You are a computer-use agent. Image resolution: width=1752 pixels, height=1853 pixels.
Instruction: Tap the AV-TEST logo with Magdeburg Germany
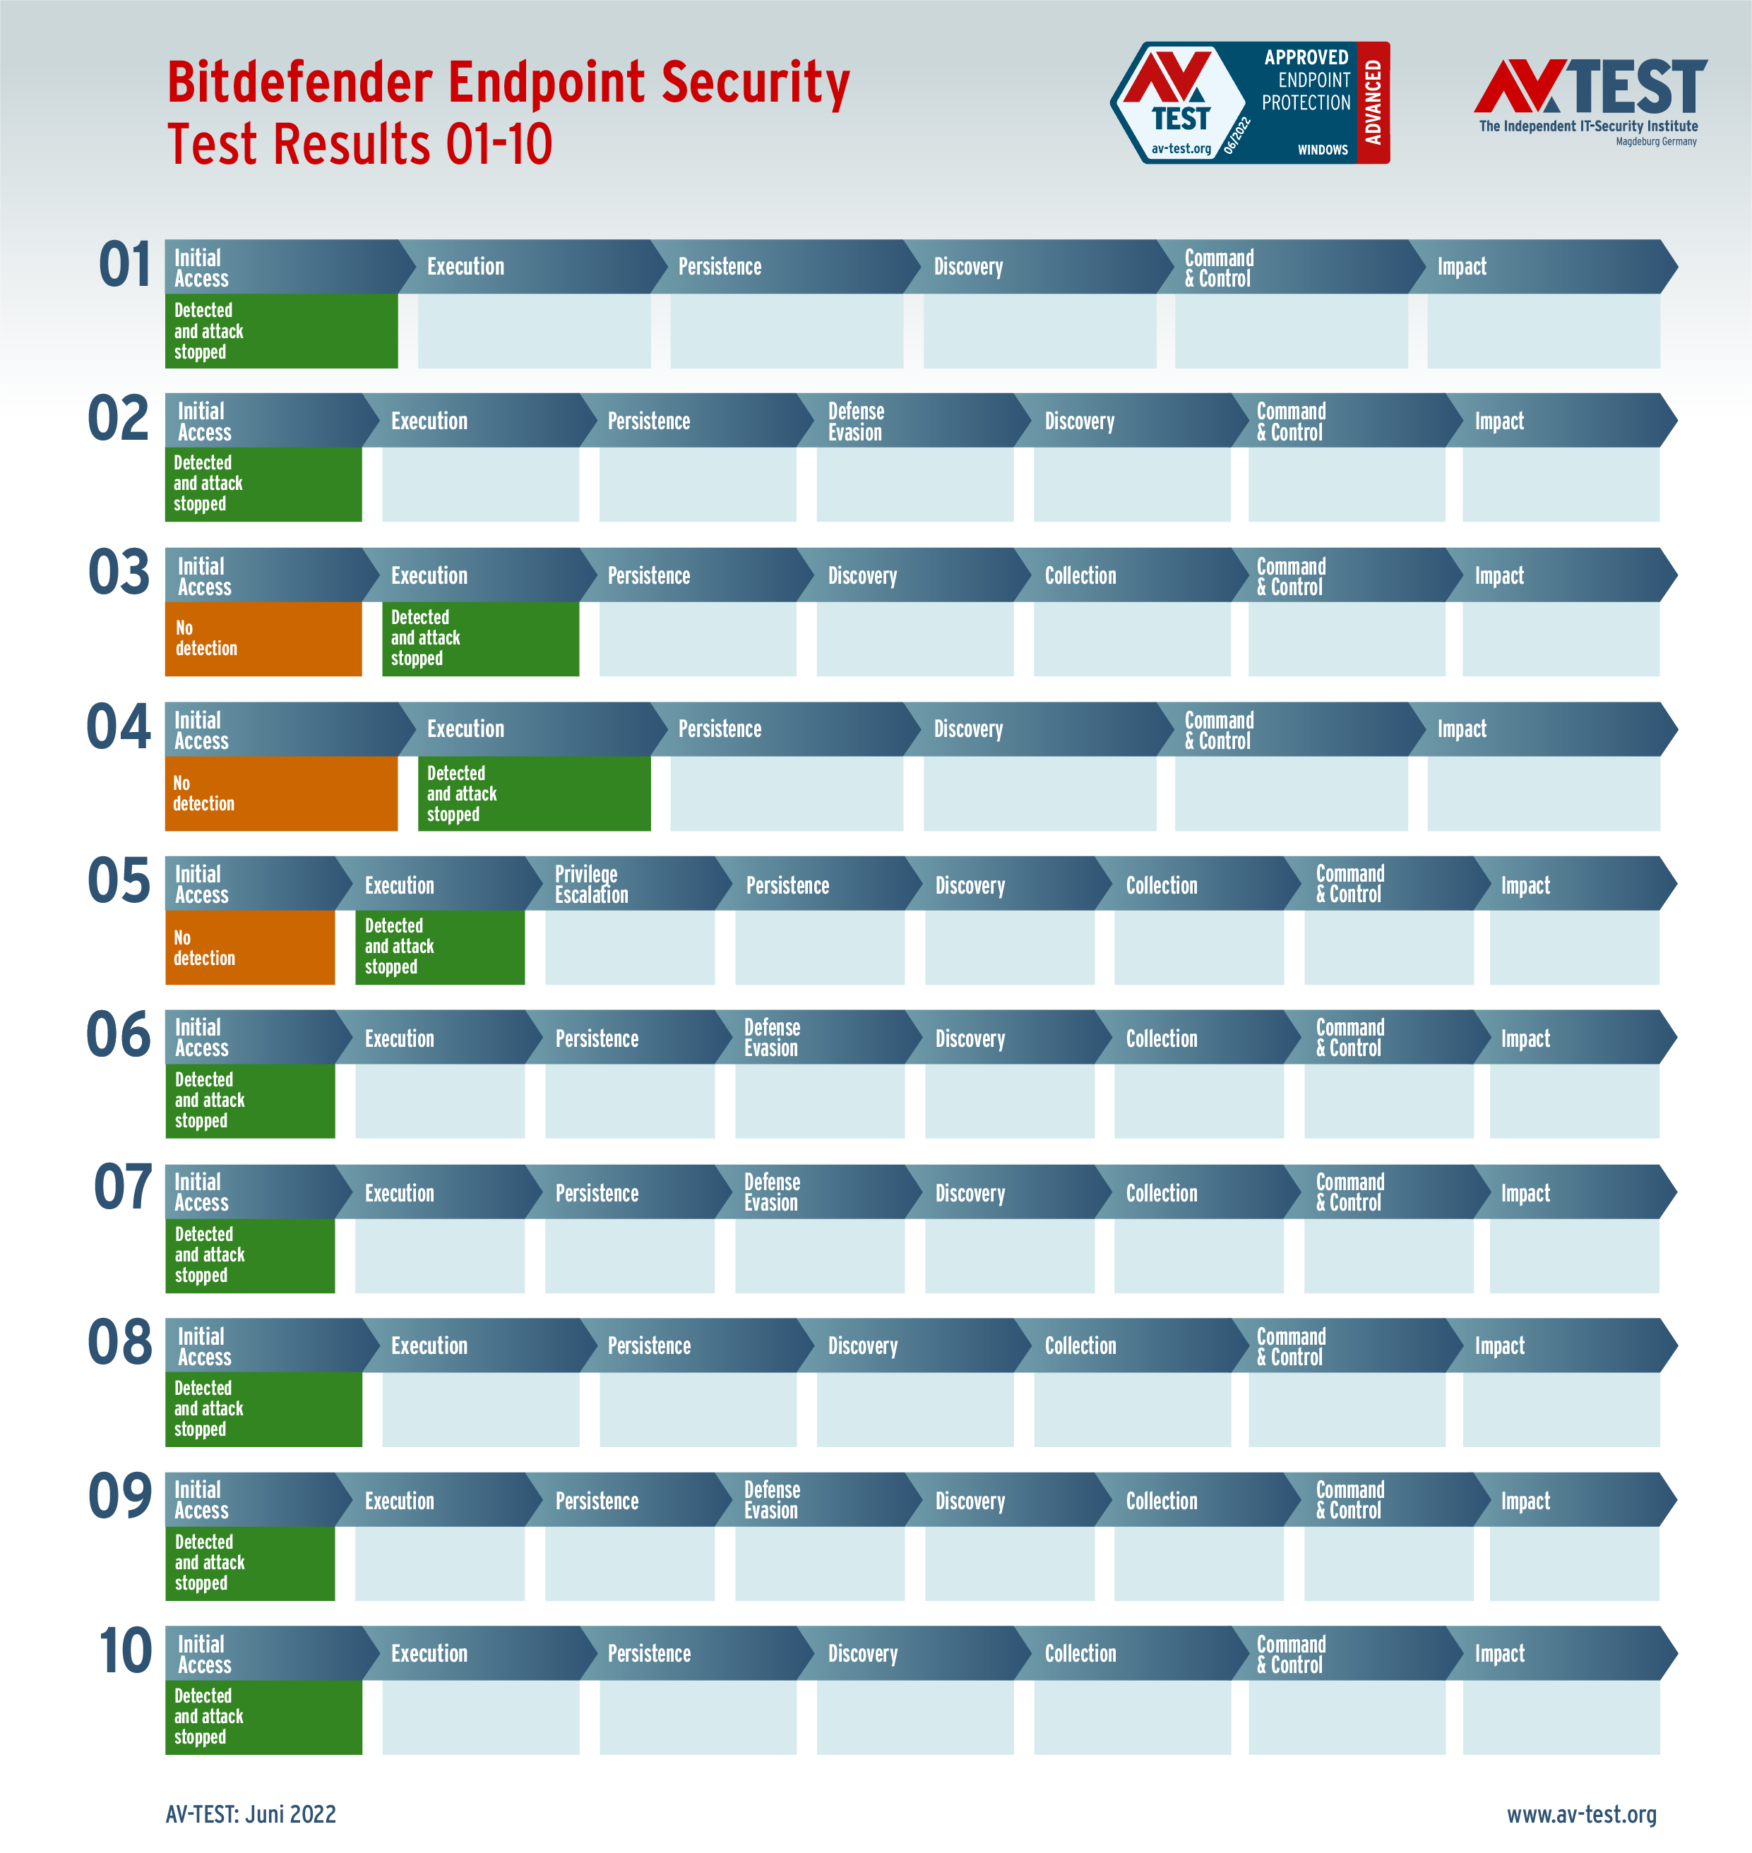[1590, 101]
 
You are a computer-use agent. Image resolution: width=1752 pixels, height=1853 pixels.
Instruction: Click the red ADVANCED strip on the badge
[1372, 102]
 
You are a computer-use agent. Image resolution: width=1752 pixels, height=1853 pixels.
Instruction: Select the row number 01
[124, 265]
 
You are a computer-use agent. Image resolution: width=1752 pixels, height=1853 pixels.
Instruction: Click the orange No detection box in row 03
[263, 639]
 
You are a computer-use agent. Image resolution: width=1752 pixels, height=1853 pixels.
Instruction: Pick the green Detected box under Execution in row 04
[533, 793]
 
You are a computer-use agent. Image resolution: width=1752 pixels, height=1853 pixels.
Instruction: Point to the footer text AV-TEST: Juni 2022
[250, 1813]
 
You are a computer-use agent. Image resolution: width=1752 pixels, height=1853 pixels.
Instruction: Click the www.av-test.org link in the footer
[1581, 1813]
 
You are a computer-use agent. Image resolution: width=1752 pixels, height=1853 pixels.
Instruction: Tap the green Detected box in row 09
[249, 1563]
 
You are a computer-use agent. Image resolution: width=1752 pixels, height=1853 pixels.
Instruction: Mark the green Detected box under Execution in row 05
[440, 947]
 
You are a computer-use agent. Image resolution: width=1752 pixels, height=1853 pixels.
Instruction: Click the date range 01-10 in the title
[499, 145]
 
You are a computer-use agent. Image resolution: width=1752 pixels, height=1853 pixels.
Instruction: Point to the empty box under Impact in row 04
[1543, 793]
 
